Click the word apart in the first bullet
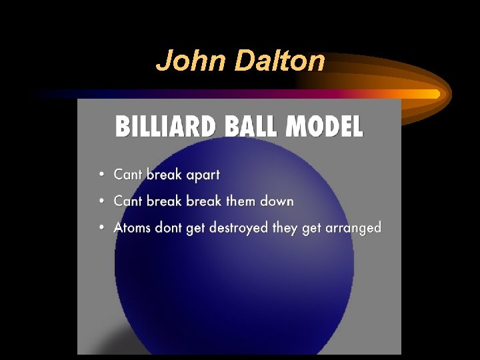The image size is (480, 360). click(198, 175)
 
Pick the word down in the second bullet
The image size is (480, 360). click(277, 201)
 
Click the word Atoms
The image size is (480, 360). click(132, 227)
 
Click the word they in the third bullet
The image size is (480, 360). click(286, 228)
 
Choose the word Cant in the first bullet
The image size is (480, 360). click(128, 175)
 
